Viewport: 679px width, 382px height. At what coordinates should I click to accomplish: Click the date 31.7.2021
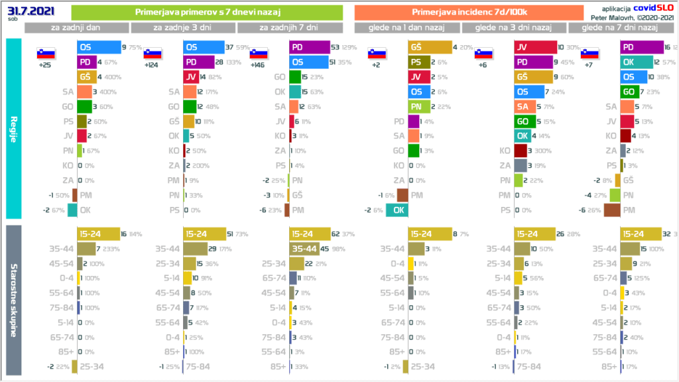point(28,11)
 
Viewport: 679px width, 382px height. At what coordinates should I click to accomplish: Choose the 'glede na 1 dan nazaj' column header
point(407,28)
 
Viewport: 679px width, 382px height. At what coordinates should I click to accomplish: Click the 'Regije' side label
point(13,129)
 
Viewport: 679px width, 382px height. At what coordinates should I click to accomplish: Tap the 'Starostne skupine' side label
point(13,302)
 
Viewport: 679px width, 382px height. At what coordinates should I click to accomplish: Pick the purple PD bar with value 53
point(310,48)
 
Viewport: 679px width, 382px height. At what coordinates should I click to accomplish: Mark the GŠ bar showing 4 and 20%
point(428,48)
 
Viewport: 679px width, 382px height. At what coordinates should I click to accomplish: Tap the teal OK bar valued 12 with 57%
point(635,62)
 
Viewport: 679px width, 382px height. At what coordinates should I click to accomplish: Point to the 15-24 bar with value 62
point(310,234)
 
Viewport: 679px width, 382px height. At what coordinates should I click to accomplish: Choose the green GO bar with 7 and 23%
point(629,91)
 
